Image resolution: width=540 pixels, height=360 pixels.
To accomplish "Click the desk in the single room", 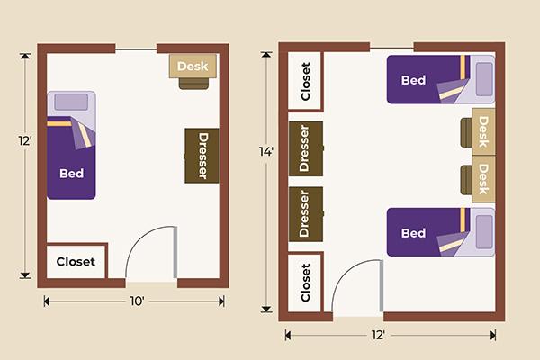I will tap(192, 66).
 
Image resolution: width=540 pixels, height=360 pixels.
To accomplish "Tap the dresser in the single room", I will tap(202, 156).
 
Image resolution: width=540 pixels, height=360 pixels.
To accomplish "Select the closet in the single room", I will tap(76, 261).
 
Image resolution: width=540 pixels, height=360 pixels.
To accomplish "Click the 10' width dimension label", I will tap(136, 301).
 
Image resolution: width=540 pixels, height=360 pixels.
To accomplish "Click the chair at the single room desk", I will tap(193, 83).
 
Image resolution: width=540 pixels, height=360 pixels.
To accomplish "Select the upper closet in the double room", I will tap(305, 82).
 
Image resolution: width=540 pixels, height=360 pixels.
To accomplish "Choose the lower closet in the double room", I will tap(305, 281).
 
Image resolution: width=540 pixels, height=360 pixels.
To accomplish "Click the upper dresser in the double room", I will tap(305, 148).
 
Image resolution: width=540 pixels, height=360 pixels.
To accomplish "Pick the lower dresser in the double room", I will tap(305, 213).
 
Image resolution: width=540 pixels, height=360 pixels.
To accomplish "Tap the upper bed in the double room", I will tap(423, 80).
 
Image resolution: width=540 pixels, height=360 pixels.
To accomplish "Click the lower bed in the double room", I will tap(423, 233).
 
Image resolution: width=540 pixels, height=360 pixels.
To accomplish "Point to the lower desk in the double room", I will tap(484, 179).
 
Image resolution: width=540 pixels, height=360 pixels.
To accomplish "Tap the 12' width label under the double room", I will tap(379, 335).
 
